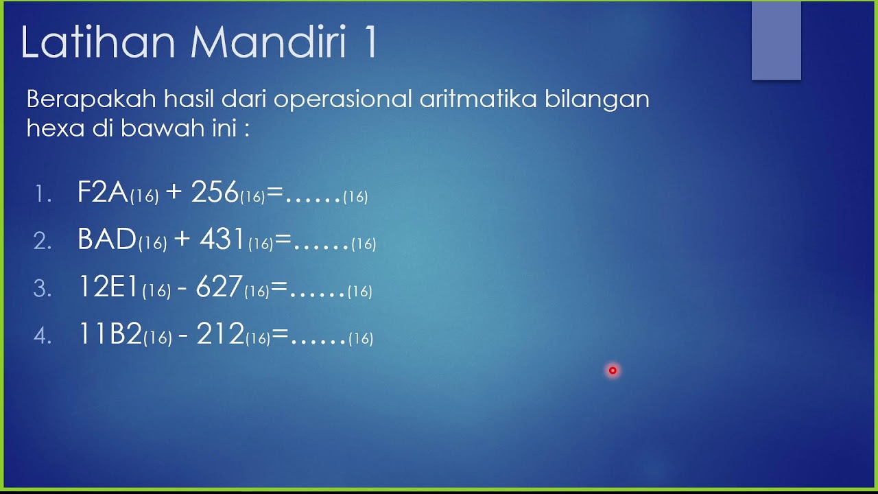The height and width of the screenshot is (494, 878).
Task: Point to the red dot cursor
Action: [613, 370]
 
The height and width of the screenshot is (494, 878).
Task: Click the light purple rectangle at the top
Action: [776, 40]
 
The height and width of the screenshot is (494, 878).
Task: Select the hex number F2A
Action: [103, 193]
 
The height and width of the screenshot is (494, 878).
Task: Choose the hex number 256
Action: [215, 193]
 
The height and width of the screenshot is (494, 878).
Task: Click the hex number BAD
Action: [107, 239]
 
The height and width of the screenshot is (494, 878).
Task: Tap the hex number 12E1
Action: [109, 287]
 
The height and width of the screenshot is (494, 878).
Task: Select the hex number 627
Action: [219, 287]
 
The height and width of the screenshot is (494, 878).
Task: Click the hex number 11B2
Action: [110, 334]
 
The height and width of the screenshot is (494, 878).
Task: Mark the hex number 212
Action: [220, 334]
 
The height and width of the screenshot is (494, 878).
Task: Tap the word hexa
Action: [54, 128]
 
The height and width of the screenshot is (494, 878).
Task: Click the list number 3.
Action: [43, 289]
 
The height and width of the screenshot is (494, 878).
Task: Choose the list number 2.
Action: [43, 242]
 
